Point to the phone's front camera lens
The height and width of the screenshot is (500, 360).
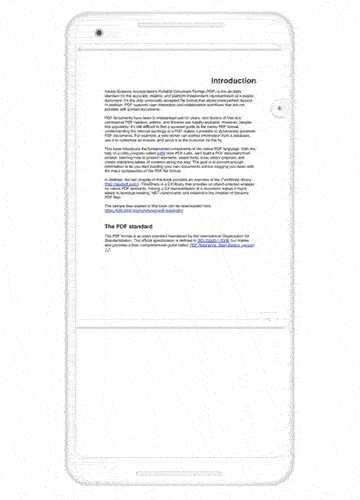click(99, 34)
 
